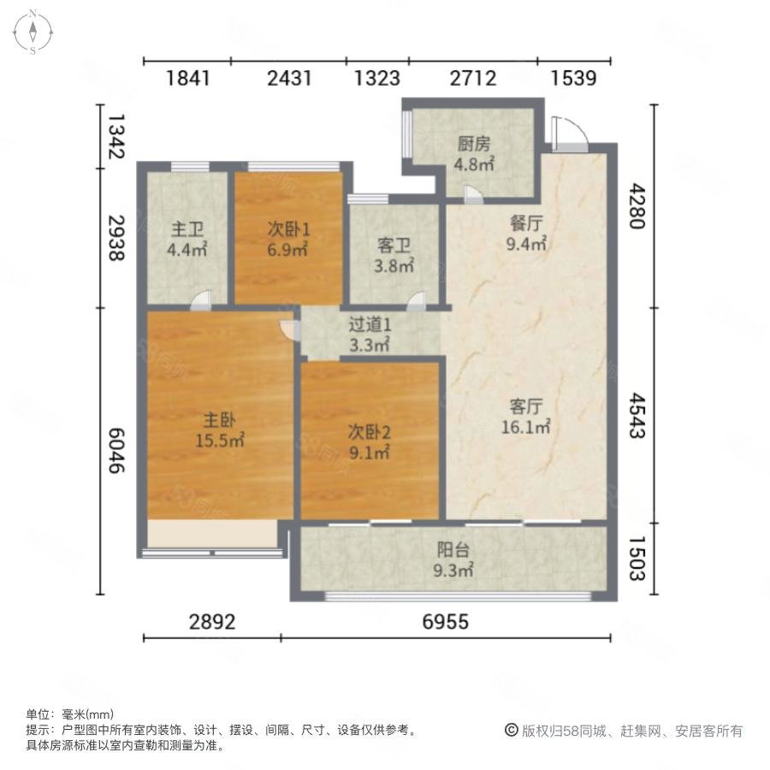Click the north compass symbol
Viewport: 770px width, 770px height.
click(33, 32)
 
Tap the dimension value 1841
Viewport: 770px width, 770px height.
click(188, 79)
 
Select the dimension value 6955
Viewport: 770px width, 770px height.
click(446, 622)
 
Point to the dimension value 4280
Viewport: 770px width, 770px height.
click(637, 206)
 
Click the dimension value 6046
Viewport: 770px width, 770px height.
click(116, 451)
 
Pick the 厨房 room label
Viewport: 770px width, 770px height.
click(474, 144)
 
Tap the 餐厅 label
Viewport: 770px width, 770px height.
click(526, 223)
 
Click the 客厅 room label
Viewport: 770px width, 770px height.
click(526, 406)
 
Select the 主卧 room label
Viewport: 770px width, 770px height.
click(220, 420)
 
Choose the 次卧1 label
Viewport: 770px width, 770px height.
click(288, 229)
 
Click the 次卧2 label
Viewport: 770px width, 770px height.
click(370, 432)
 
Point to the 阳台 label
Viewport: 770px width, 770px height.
click(453, 550)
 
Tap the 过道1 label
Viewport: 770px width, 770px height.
click(370, 324)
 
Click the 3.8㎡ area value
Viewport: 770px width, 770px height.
click(394, 266)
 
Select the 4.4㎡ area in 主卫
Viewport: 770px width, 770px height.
click(187, 250)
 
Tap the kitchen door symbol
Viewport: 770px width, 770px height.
click(473, 194)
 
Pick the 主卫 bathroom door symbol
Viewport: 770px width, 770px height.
click(201, 300)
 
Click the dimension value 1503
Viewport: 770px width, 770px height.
click(637, 559)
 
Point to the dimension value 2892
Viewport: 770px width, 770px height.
click(212, 622)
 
